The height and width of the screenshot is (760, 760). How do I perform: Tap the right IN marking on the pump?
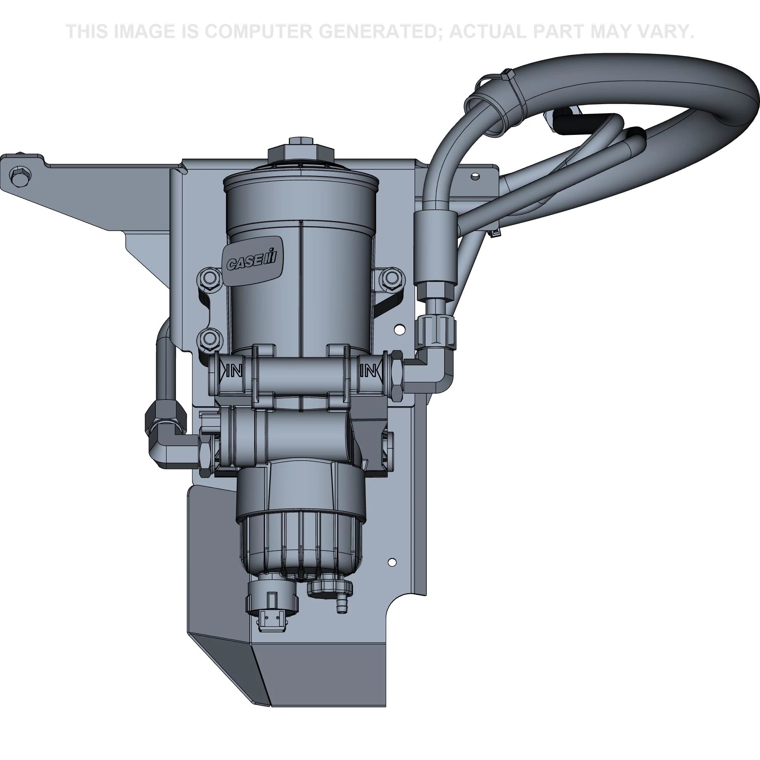point(369,370)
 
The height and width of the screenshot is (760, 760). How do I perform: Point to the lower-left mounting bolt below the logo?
point(209,337)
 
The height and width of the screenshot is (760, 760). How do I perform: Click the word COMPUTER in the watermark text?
point(258,32)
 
